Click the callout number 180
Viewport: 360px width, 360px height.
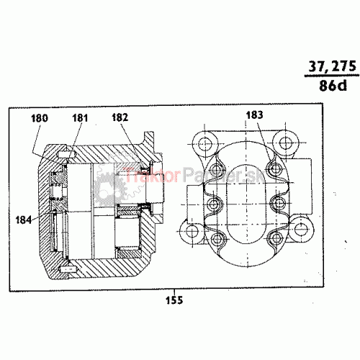point(40,118)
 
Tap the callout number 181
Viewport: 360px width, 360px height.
point(80,118)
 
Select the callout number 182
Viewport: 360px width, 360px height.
point(120,117)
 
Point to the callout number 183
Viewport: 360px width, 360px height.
point(254,115)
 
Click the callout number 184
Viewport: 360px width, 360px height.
point(24,220)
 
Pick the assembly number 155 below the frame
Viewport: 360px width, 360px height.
point(174,300)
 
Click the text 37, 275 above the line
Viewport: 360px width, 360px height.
point(333,66)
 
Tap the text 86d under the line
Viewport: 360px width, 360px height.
point(333,85)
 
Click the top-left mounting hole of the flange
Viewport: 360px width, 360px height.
point(204,144)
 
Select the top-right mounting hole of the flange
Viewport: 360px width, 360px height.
point(286,143)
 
